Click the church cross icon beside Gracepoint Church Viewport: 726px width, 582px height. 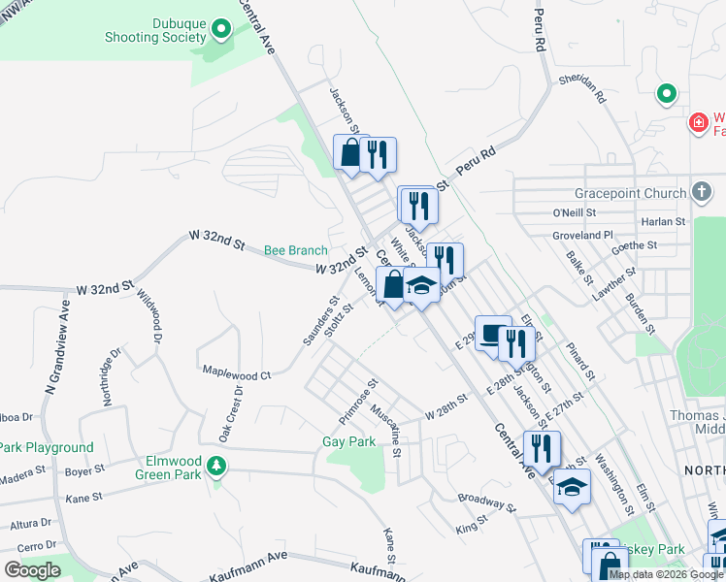point(702,193)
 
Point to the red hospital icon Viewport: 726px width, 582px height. point(696,123)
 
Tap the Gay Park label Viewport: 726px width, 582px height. point(348,442)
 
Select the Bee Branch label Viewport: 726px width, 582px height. point(296,250)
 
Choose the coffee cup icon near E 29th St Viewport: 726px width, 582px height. point(492,334)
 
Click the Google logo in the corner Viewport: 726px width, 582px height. point(32,570)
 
